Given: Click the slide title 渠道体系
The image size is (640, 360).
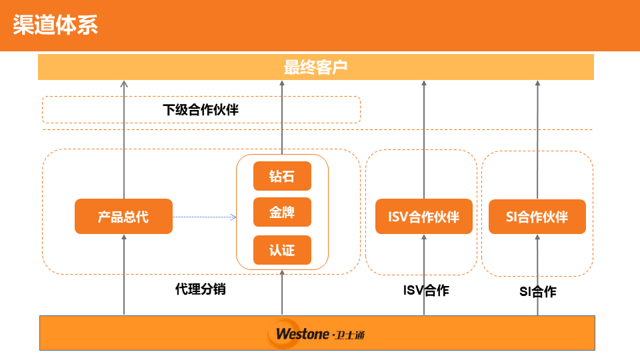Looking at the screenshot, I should [55, 25].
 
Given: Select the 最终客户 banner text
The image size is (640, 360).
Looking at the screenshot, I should [316, 67].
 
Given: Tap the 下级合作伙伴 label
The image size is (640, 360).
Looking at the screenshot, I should [201, 110].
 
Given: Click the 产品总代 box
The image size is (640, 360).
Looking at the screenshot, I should [123, 217].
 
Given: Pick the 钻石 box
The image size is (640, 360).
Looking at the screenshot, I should [282, 177].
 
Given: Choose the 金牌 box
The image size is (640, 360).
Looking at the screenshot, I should [282, 213].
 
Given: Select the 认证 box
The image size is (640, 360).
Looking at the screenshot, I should [282, 250].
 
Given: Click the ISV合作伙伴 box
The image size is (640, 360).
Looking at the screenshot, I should [424, 217].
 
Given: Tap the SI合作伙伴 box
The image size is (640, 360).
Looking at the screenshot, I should [537, 217].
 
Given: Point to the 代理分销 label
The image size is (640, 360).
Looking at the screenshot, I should [201, 289].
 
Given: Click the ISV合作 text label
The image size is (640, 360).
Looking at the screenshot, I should [426, 291].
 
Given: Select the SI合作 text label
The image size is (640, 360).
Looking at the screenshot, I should [538, 291].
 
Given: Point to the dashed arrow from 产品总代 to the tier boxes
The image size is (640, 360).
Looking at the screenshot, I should [204, 217].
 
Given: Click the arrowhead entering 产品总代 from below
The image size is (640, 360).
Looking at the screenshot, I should [124, 238].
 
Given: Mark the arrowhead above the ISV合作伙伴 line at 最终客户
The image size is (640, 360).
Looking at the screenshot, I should [424, 84].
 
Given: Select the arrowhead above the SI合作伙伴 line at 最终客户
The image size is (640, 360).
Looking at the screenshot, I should [538, 84].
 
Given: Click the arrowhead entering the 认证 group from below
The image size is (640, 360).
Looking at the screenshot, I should [282, 273].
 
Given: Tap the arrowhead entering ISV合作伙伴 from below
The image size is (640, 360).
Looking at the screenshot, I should [424, 238].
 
